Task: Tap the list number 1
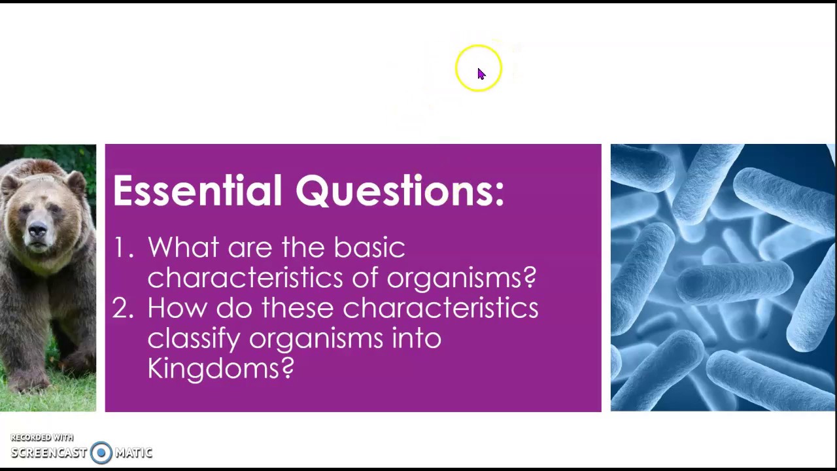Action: (122, 248)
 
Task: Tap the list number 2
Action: (122, 308)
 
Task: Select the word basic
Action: (369, 248)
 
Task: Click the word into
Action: (417, 338)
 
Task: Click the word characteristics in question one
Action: (245, 278)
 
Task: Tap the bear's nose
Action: (37, 230)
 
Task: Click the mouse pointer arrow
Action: (481, 73)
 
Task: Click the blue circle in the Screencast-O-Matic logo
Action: (101, 453)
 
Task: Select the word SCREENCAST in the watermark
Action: (48, 453)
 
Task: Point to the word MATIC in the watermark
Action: (133, 453)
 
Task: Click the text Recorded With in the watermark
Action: (42, 438)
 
